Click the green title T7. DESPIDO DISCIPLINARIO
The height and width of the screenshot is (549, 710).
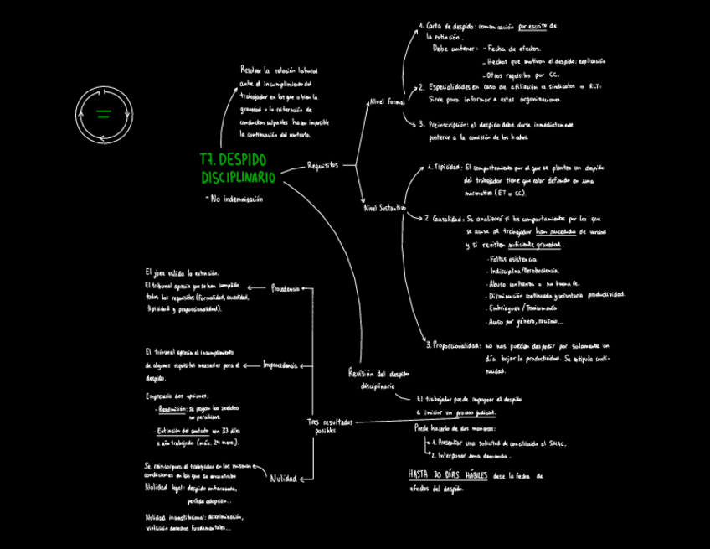pos(238,168)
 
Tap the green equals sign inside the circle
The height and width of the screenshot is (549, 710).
pos(104,114)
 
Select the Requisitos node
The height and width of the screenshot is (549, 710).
pos(323,165)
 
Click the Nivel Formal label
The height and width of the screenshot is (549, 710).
pos(387,101)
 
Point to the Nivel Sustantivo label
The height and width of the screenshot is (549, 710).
pos(384,206)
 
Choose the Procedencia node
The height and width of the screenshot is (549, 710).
pos(285,288)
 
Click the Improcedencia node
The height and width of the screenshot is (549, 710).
pos(281,365)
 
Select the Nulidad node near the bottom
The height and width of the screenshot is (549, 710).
pos(283,479)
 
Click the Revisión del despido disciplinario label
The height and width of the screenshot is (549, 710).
pos(378,379)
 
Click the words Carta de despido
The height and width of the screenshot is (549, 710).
pos(450,27)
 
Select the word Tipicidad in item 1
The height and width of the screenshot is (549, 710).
pos(447,167)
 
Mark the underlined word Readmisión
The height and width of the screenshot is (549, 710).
pos(172,408)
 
